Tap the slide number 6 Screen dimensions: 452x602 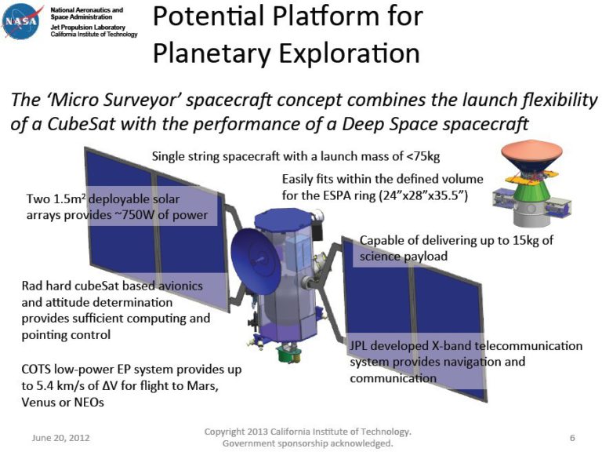click(x=572, y=436)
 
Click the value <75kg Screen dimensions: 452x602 click(x=422, y=155)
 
